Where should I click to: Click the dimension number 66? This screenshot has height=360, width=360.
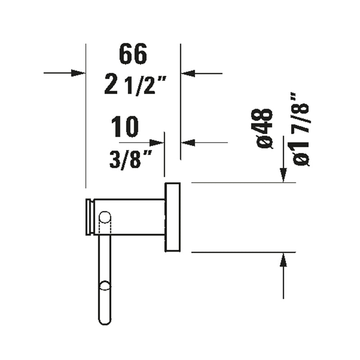click(x=133, y=55)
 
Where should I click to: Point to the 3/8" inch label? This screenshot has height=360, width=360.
click(x=130, y=159)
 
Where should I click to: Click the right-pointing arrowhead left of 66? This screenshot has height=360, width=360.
click(x=78, y=73)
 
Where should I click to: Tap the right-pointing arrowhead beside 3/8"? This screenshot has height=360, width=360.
click(x=156, y=143)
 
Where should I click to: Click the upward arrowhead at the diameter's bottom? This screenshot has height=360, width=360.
click(x=283, y=260)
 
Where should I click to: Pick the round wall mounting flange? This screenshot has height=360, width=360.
click(x=172, y=217)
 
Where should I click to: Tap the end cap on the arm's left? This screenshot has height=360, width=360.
click(x=90, y=217)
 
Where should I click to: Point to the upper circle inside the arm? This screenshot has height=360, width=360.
click(x=104, y=218)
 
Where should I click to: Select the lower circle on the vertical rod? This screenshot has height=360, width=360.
click(x=104, y=286)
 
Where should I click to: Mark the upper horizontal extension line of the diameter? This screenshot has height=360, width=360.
click(x=243, y=183)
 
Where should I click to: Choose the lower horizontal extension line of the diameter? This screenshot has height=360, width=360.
click(x=243, y=252)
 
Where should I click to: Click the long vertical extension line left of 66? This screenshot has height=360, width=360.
click(x=85, y=135)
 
